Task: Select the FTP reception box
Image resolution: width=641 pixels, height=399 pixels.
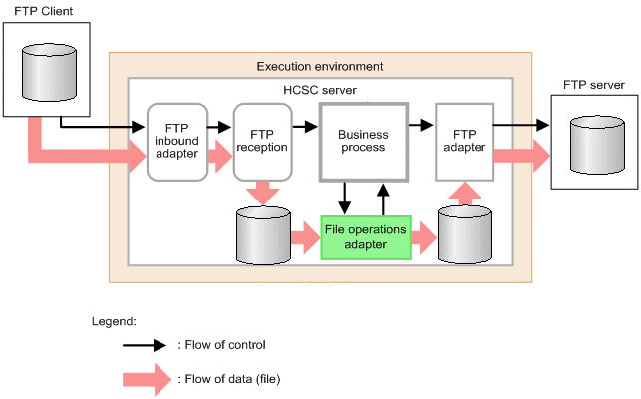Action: coord(262,141)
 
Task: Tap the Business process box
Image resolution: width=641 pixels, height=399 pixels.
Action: coord(363,141)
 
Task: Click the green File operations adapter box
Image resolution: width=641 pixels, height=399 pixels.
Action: coord(365,236)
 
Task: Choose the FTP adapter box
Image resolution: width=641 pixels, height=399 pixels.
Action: coord(465,141)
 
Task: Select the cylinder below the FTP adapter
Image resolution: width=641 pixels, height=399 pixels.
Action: coord(467,236)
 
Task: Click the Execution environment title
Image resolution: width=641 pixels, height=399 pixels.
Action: coord(319,66)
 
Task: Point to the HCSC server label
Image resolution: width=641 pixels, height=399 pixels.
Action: coord(319,90)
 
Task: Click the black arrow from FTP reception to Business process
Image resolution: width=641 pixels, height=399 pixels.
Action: coord(304,127)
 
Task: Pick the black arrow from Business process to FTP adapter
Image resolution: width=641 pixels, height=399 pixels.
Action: coord(422,127)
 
